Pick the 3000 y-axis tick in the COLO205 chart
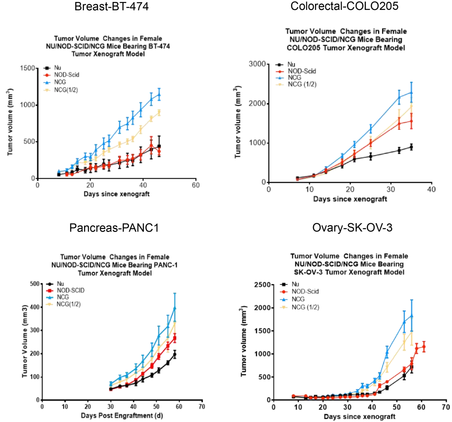(257, 64)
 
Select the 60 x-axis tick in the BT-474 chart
(196, 185)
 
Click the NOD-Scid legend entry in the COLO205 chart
(302, 71)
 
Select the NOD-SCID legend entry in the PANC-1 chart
(70, 290)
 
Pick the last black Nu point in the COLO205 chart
(411, 147)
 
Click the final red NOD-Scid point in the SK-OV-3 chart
(423, 346)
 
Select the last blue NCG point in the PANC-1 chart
(175, 308)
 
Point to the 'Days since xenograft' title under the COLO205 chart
(350, 199)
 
